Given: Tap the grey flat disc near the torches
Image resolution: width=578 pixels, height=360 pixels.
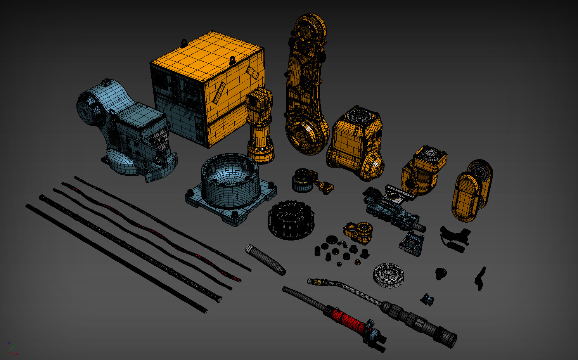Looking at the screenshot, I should coord(389,275).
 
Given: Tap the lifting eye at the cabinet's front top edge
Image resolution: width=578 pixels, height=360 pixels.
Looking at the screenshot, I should coord(232,61).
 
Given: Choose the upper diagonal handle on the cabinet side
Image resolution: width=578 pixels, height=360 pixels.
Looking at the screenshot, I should coord(252,72).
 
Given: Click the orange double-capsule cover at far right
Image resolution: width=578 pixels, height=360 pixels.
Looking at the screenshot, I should coord(471,191).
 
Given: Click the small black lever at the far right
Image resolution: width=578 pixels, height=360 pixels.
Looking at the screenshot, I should coord(480,277).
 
